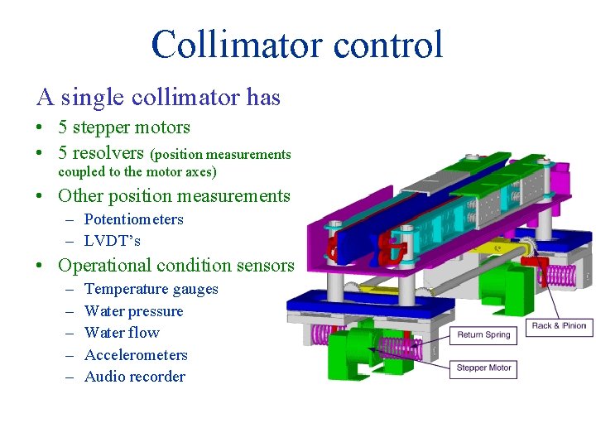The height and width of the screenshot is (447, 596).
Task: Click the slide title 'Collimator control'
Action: [297, 45]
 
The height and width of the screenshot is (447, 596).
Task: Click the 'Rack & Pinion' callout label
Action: [559, 326]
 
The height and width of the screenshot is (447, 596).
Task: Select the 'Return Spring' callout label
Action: [483, 335]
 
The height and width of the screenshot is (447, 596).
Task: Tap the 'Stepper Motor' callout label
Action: [483, 368]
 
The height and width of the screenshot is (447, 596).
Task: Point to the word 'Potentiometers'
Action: [133, 219]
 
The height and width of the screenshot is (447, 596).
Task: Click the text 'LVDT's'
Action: [113, 241]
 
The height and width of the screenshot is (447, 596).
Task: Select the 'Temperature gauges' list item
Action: [151, 289]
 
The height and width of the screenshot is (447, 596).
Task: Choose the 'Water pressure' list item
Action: [133, 311]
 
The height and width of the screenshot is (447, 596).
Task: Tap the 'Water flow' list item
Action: [122, 333]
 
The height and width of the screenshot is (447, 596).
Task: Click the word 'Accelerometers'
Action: [136, 355]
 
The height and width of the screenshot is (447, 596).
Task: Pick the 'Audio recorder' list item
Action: [135, 377]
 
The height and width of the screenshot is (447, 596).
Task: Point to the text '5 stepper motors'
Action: [124, 127]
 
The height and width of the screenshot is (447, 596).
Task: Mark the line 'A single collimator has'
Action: [159, 98]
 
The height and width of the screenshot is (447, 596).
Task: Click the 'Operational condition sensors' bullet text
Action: [175, 266]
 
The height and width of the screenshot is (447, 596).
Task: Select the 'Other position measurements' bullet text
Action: [174, 196]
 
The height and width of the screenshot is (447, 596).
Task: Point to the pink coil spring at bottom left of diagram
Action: [309, 334]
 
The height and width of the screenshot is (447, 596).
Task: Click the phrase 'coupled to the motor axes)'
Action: [137, 172]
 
